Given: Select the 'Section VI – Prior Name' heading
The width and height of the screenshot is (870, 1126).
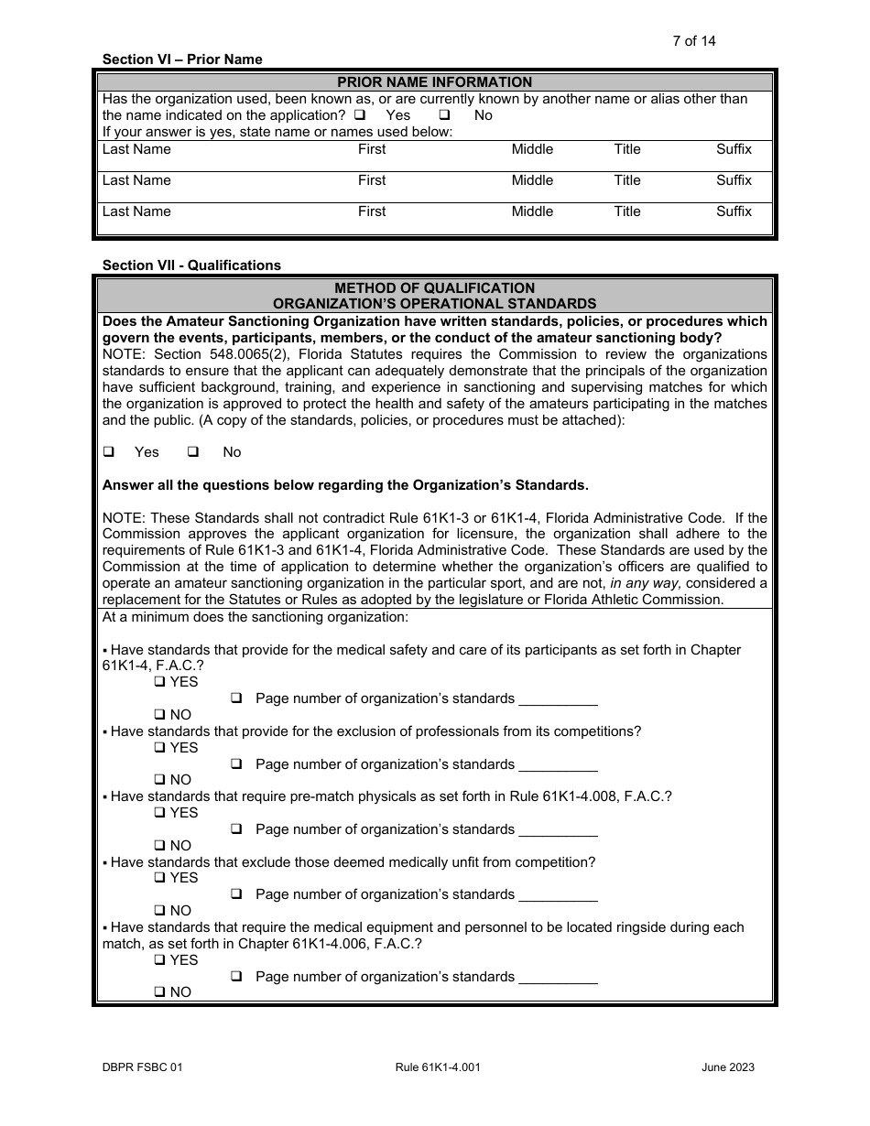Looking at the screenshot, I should point(182,60).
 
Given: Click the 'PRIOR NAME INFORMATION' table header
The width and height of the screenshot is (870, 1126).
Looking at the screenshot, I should point(434,82).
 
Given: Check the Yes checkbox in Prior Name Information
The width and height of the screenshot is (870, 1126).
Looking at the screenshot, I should point(360,115).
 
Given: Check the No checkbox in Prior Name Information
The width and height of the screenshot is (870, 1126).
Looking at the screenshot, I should point(444,115).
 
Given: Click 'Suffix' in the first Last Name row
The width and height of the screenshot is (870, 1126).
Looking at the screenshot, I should point(734,149).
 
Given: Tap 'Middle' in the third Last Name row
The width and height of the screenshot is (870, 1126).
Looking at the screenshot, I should point(532,211).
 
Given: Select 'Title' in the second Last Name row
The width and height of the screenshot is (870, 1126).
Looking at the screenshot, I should point(627,180).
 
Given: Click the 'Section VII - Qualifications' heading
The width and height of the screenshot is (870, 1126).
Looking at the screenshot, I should point(191,265).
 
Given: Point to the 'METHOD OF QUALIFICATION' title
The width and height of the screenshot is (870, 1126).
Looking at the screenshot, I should point(434,287).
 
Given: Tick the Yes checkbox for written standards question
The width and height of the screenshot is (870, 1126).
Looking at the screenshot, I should point(109,452).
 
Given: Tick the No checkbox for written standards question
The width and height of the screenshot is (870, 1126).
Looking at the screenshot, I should point(193,452).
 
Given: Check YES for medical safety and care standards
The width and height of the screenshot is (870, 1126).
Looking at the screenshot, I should point(160,682).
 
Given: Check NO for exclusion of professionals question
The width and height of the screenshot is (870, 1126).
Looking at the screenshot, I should point(160,780).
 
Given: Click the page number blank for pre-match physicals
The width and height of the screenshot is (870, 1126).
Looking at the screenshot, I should point(558,829).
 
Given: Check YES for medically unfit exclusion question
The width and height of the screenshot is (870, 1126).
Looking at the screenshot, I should point(160,878).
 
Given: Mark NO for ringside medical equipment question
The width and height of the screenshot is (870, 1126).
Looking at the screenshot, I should point(160,992).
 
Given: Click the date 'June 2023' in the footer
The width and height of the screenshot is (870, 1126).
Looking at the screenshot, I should point(728,1066).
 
